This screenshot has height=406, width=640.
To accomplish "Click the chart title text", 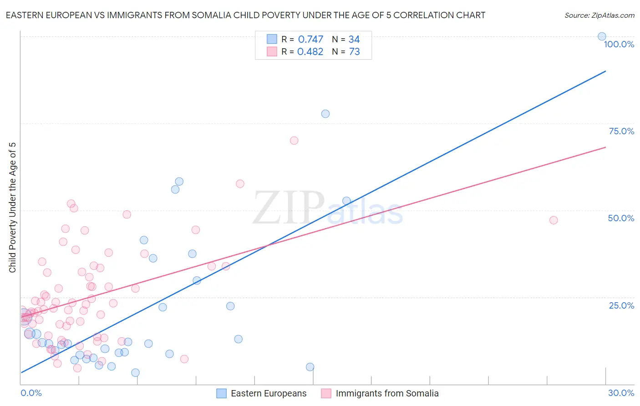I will [x=245, y=15].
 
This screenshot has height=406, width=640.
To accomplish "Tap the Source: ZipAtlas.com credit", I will [x=599, y=15].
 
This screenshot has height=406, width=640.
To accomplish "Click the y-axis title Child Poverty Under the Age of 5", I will [x=12, y=208].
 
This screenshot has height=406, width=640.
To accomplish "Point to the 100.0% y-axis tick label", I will [x=619, y=44].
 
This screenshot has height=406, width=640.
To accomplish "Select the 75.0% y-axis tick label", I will [x=621, y=131].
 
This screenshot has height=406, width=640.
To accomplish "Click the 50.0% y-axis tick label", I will [x=621, y=218].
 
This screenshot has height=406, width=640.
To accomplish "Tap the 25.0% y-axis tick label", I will [x=621, y=305].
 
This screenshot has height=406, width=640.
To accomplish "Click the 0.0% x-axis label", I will [x=31, y=393].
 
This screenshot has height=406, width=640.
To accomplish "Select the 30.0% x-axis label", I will [x=621, y=393].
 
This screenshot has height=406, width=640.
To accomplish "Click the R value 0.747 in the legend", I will [x=310, y=39].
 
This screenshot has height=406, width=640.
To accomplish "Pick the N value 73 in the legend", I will [x=354, y=51].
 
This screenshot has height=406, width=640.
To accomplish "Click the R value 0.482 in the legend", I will [x=310, y=51].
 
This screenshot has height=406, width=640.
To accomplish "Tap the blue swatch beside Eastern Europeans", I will [x=221, y=393].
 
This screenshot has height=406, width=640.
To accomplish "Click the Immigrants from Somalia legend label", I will [x=387, y=393].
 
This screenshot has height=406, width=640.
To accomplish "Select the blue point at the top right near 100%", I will [x=602, y=36].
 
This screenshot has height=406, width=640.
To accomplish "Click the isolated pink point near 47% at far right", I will [x=554, y=220].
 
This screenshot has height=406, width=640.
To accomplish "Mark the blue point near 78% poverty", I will [x=325, y=114].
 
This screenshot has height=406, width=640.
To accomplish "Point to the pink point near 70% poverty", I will [x=294, y=141].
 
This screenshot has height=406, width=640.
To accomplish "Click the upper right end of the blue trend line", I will [x=605, y=71].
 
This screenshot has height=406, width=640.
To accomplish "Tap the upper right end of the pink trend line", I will [x=605, y=147].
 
